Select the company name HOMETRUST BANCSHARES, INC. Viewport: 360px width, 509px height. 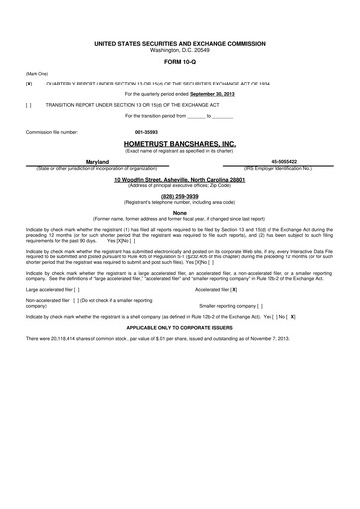[181, 144]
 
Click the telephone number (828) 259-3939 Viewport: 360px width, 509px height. [180, 197]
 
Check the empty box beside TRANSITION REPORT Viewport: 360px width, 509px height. [29, 103]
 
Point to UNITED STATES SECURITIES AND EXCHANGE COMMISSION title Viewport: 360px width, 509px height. [180, 45]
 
